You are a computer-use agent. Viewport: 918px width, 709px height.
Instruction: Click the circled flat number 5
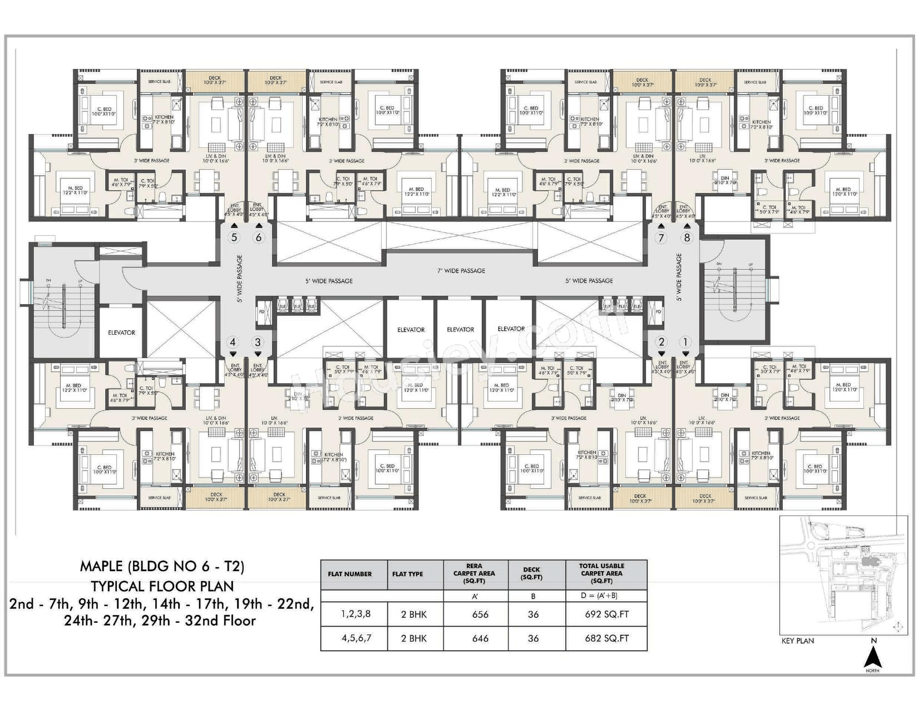coord(234,237)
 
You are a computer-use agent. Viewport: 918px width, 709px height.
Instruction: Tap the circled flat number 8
coord(687,237)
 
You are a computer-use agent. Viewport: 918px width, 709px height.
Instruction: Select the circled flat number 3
coord(257,343)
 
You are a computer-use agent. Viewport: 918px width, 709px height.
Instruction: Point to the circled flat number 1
coord(685,343)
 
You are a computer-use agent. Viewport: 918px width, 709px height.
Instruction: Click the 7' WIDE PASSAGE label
coord(461,271)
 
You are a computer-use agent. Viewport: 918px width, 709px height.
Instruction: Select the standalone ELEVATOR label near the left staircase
coord(121,333)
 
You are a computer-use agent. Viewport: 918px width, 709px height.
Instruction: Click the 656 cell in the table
coord(480,614)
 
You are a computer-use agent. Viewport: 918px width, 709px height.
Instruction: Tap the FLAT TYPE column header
coord(407,574)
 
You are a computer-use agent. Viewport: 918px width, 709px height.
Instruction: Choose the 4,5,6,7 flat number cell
coord(356,638)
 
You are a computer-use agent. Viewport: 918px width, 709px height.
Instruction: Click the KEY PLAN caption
coord(797,641)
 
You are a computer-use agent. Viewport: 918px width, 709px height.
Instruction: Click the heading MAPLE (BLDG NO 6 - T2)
coord(162,566)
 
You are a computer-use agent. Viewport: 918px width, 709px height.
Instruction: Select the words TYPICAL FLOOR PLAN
coord(162,586)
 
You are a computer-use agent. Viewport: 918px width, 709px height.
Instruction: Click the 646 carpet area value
coord(480,638)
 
